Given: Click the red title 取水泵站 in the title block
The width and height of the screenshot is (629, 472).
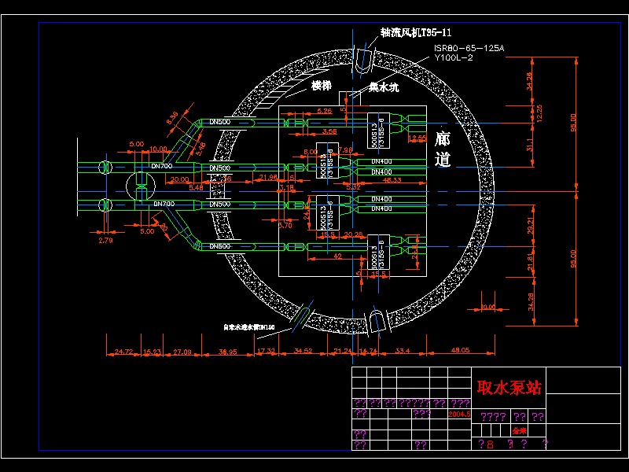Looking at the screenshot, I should click(x=509, y=388).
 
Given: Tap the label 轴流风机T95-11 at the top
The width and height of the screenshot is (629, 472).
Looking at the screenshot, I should click(x=416, y=32).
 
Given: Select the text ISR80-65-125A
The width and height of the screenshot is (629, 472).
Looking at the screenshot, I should click(x=469, y=49).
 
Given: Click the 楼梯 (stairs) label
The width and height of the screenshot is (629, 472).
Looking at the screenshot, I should click(x=320, y=85).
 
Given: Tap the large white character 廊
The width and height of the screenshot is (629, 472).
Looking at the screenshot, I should click(x=442, y=138).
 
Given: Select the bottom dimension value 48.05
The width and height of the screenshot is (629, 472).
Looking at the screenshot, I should click(x=461, y=350).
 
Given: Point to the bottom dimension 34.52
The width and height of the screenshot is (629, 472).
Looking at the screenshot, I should click(x=303, y=350).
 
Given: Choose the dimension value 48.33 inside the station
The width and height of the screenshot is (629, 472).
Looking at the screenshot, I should click(x=391, y=181).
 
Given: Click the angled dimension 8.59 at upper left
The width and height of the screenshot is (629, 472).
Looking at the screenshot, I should click(x=173, y=118).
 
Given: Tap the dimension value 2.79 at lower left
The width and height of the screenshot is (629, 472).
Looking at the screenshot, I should click(x=105, y=240).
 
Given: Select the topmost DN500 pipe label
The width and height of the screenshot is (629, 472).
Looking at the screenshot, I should click(x=219, y=122).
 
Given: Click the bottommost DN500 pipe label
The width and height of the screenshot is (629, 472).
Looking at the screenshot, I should click(x=219, y=247).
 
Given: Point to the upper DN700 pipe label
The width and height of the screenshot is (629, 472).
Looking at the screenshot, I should click(x=161, y=166).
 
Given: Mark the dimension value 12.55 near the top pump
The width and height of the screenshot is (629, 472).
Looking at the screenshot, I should click(x=417, y=138).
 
